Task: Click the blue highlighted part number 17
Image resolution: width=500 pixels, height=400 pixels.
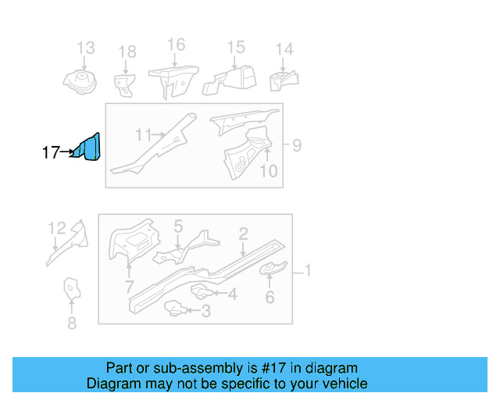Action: [x=88, y=148]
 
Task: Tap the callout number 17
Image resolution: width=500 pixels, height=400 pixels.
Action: [x=51, y=153]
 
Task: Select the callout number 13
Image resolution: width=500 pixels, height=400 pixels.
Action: [x=84, y=48]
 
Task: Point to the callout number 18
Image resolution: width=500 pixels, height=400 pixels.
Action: [x=127, y=52]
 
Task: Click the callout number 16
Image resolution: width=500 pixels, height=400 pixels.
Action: [x=176, y=44]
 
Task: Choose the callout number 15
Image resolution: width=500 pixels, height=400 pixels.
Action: [x=236, y=48]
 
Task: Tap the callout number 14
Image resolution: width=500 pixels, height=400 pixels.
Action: [x=284, y=49]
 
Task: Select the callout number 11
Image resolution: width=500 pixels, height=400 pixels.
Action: [x=142, y=135]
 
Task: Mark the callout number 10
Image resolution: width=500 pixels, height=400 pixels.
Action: [x=268, y=170]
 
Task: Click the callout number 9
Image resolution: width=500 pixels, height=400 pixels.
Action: [x=296, y=145]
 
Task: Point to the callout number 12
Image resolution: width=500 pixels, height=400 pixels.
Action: [x=57, y=228]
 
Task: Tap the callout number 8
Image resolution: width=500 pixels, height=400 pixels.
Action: [x=71, y=323]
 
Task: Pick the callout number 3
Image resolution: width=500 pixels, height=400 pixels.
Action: [x=205, y=312]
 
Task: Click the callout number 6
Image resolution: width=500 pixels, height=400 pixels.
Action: [x=270, y=297]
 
